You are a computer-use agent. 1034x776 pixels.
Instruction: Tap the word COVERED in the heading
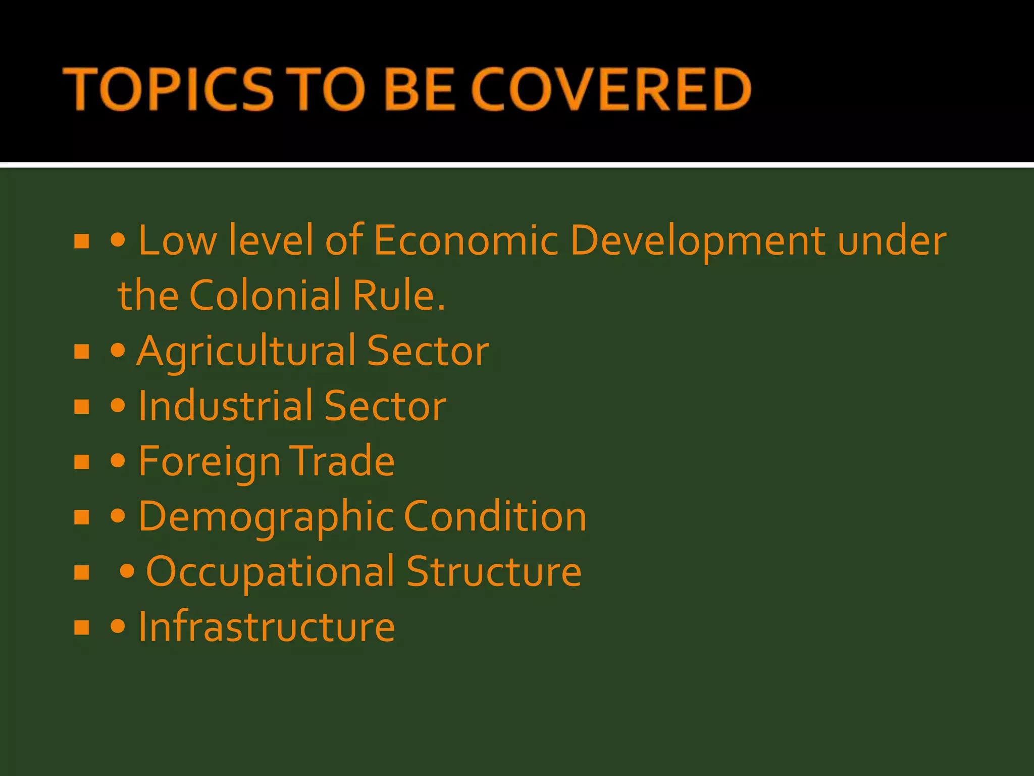(611, 89)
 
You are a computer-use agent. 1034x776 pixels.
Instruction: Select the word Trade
(342, 461)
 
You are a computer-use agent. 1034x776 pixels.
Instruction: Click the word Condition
(495, 516)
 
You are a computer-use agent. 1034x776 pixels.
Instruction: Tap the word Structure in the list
(494, 571)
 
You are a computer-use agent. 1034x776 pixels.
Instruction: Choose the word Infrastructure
(267, 627)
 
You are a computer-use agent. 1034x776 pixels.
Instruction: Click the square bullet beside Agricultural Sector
(81, 352)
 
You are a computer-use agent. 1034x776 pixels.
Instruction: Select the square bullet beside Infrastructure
(81, 627)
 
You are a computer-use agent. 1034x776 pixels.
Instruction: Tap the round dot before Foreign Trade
(118, 461)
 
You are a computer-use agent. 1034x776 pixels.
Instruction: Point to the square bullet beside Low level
(81, 241)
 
